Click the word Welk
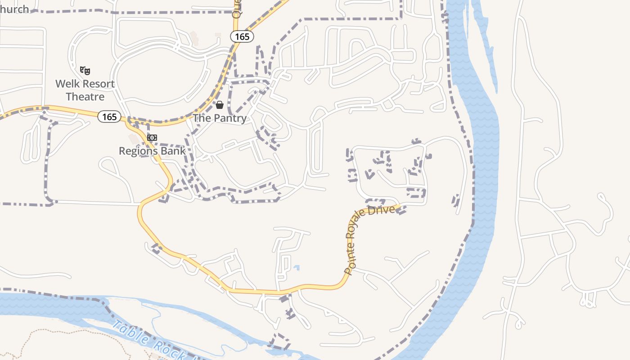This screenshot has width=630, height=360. coord(67,84)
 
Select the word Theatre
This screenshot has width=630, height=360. coord(85,97)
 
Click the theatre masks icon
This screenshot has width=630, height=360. coord(85,70)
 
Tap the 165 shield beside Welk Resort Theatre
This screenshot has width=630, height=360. coord(109,117)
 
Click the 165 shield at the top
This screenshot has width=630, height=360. coord(242,36)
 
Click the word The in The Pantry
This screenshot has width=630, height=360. coord(201,118)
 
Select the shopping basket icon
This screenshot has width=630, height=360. coord(220,105)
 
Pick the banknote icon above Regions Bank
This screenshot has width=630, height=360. coord(152,138)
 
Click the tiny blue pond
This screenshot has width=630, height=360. coord(296,268)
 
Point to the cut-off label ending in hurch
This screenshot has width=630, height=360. coord(14,9)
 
